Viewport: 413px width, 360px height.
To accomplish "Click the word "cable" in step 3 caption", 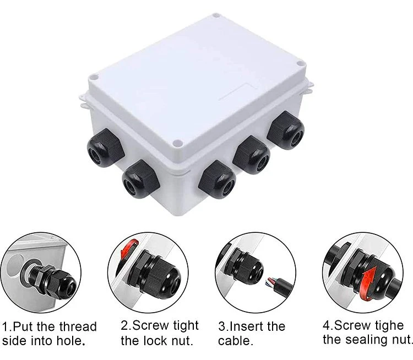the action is (x=234, y=341).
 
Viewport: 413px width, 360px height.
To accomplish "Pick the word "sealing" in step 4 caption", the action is (x=365, y=339).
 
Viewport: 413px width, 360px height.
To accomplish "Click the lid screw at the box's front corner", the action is (x=178, y=144).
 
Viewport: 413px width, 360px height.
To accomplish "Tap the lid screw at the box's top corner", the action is (x=216, y=15).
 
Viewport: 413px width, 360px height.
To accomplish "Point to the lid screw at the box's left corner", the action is (x=93, y=78).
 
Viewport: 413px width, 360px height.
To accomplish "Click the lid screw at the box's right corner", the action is (x=300, y=63).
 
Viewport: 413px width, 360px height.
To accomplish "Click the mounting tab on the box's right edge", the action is (x=309, y=88).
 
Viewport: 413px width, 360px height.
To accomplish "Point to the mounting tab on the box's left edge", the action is (x=84, y=101).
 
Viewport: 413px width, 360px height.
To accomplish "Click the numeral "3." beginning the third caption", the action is (x=224, y=326).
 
